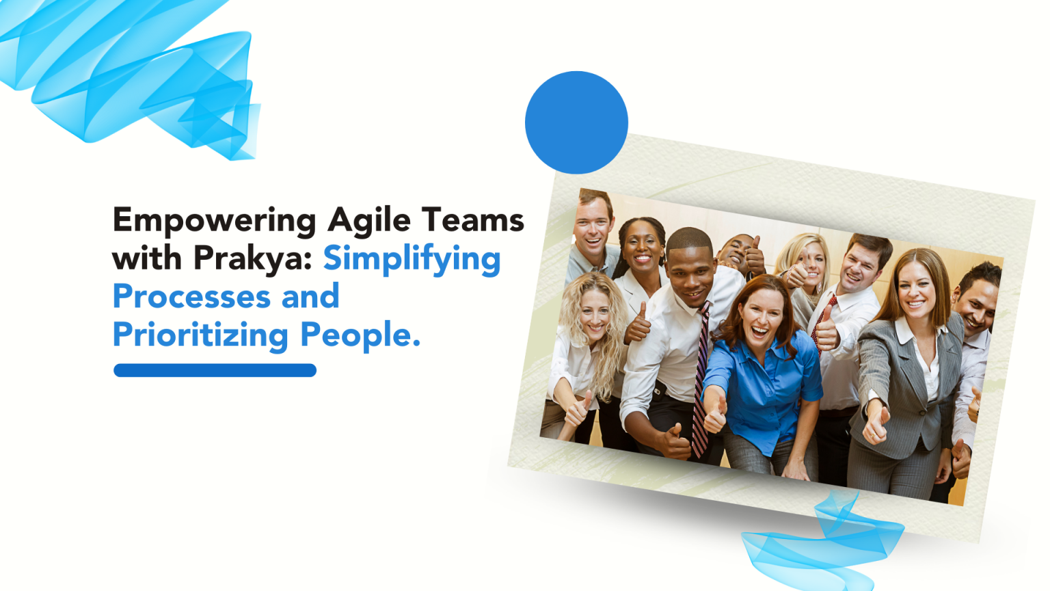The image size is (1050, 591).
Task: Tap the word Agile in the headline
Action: (x=369, y=221)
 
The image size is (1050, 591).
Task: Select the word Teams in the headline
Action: (x=473, y=220)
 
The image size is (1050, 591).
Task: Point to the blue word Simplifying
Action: (x=412, y=259)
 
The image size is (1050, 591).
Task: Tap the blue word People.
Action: (x=360, y=335)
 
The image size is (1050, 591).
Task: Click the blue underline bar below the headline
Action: (x=215, y=370)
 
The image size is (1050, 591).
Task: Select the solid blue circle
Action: (x=576, y=122)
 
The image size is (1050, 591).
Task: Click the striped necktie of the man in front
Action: (x=700, y=383)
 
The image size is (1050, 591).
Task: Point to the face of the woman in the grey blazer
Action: (x=916, y=291)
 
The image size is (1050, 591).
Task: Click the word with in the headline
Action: (x=147, y=258)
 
